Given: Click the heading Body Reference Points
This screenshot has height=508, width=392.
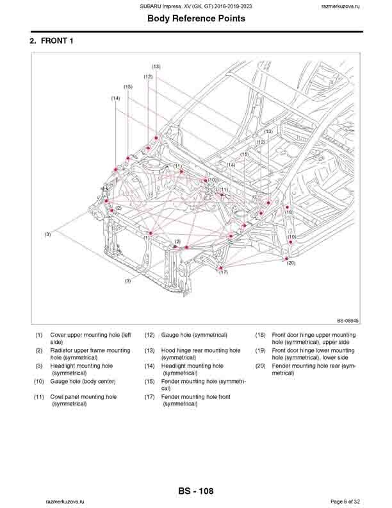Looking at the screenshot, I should (x=196, y=19).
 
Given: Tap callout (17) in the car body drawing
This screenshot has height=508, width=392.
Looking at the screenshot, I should (x=223, y=273).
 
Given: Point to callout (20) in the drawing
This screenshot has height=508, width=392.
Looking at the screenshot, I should (x=291, y=263).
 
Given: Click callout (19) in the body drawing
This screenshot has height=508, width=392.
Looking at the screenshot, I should (x=291, y=237).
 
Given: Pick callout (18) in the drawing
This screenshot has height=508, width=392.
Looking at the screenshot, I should (x=289, y=212).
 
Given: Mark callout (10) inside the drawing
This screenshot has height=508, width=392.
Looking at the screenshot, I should (x=211, y=181).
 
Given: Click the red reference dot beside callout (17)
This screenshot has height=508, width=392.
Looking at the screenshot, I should (x=220, y=267).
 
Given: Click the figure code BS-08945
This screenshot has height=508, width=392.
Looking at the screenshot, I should (x=348, y=320).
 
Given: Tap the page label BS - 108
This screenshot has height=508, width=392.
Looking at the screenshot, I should (x=196, y=491).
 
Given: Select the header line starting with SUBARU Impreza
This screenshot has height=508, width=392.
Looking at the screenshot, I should (x=196, y=6).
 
